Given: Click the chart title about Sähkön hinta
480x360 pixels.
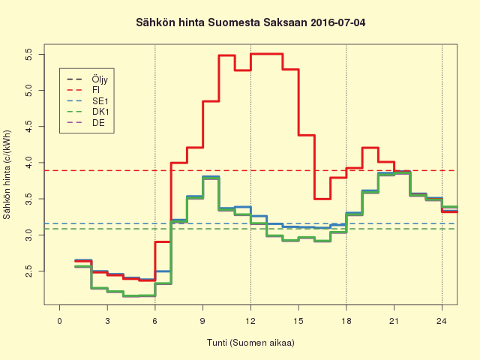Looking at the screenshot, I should pos(250,23).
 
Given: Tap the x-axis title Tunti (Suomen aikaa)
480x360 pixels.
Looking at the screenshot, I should pos(250,343).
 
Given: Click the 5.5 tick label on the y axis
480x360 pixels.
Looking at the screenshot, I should pos(28,54).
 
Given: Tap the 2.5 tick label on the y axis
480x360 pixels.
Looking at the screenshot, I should pos(28,270).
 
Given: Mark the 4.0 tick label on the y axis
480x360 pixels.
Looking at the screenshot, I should pos(28,162).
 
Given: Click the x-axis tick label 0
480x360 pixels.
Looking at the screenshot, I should pos(59,321).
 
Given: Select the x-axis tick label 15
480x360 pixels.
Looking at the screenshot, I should pos(298,321).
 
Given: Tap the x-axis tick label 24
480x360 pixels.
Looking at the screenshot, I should pos(442,321).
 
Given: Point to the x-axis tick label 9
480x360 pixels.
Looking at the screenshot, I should pos(202,321).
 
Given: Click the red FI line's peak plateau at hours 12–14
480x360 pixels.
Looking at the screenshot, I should pos(266,54).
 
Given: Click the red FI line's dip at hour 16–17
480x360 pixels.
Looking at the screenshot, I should pos(322,199).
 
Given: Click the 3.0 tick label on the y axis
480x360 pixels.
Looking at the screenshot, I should pos(28,235).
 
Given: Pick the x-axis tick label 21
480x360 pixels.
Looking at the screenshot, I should pos(394,321).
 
